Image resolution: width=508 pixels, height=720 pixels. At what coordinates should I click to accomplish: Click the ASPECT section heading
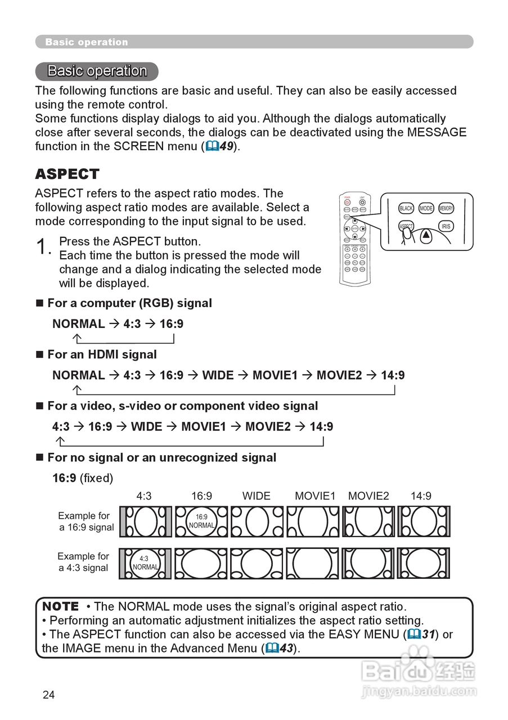[x=67, y=174]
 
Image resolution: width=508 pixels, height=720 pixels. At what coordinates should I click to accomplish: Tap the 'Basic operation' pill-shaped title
[x=97, y=71]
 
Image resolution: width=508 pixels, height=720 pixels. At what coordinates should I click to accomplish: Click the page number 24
[x=49, y=695]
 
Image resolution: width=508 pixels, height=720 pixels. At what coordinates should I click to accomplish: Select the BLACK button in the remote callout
[x=406, y=208]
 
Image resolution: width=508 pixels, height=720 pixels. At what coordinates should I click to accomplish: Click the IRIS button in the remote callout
[x=446, y=226]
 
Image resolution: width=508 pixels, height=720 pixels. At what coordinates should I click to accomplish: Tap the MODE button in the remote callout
[x=426, y=208]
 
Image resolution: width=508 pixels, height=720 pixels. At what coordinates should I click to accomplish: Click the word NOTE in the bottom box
[x=61, y=606]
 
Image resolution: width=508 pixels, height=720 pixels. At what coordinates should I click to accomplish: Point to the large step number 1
[x=43, y=247]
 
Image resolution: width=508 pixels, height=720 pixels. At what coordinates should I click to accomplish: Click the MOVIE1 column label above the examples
[x=315, y=496]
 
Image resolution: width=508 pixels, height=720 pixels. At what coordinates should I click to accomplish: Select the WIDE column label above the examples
[x=257, y=496]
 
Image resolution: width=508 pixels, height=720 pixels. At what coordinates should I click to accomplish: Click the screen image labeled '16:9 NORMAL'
[x=201, y=521]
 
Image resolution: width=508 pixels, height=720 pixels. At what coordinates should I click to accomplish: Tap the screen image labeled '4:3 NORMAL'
[x=145, y=563]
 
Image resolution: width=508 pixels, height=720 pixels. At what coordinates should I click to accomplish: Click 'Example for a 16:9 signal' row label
[x=85, y=521]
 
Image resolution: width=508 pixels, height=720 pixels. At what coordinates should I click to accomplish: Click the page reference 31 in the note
[x=429, y=634]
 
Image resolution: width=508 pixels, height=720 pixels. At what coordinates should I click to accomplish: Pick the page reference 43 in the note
[x=286, y=648]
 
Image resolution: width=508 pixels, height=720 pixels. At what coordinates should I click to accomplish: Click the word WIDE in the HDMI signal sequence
[x=218, y=375]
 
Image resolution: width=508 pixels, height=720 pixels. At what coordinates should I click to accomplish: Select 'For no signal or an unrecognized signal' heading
[x=161, y=457]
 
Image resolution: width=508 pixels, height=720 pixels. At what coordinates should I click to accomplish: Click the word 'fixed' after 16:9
[x=96, y=478]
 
